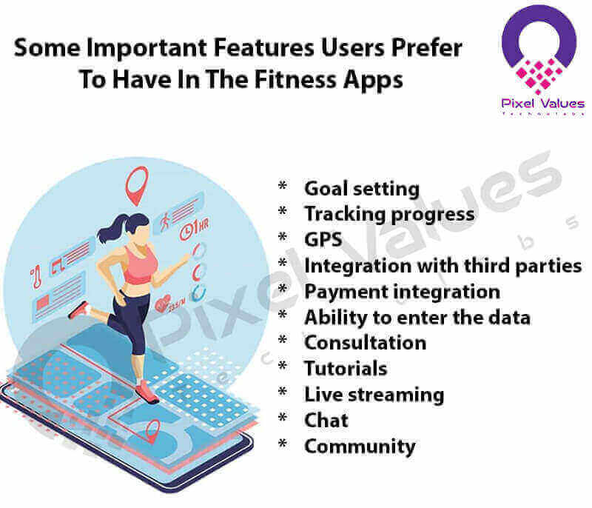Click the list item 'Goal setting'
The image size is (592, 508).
click(x=362, y=189)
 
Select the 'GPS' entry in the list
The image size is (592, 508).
click(x=323, y=238)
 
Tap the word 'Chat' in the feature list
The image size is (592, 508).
click(x=326, y=420)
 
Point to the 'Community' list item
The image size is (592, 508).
click(x=360, y=447)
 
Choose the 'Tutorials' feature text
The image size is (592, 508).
click(x=346, y=368)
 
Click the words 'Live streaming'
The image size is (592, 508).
click(x=374, y=394)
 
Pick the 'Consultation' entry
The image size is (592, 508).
click(x=366, y=342)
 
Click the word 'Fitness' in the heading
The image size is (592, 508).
click(x=304, y=80)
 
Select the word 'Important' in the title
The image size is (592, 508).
click(x=152, y=48)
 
